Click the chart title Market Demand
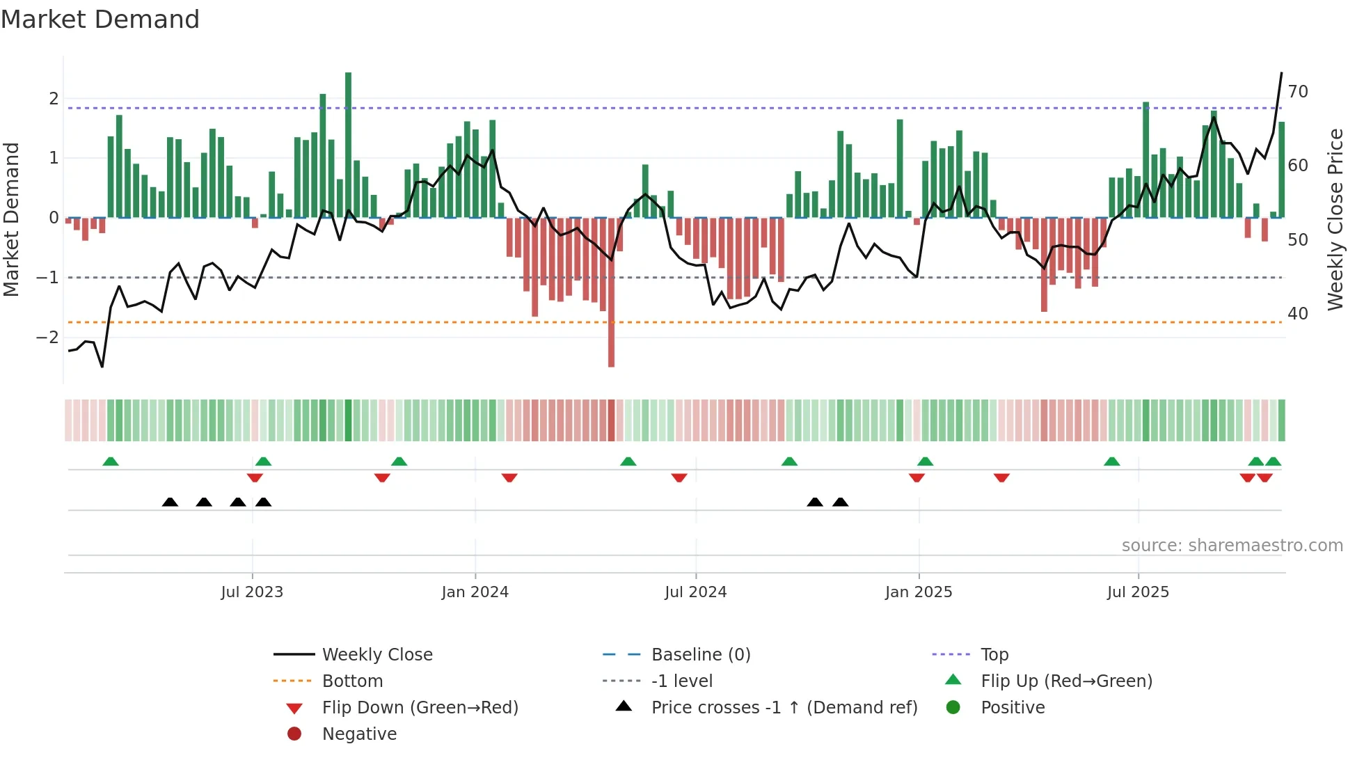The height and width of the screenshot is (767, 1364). pos(100,19)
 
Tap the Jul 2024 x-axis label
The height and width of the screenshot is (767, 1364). pos(695,592)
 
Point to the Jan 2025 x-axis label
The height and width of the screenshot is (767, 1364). pos(919,592)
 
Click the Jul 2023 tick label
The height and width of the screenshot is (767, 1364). pos(252,592)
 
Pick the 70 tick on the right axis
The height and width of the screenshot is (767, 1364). pos(1298,92)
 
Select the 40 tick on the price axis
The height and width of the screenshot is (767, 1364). pos(1298,314)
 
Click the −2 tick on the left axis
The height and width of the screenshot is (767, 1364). pos(47,338)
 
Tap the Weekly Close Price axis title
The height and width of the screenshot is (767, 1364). pos(1335,219)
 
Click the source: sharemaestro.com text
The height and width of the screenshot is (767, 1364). pos(1232,546)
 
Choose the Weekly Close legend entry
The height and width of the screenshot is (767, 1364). pos(376,655)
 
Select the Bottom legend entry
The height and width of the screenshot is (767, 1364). pos(352,681)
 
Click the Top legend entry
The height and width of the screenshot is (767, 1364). pos(994,655)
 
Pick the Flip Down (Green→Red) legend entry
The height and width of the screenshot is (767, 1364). pos(420,708)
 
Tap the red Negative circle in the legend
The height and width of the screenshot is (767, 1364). pos(294,734)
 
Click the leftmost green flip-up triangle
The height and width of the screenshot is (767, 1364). pos(111,461)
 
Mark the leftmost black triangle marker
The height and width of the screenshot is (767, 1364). pos(170,502)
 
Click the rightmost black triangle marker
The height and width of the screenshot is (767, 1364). pos(840,502)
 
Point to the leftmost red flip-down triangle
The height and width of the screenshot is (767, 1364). pos(255,477)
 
